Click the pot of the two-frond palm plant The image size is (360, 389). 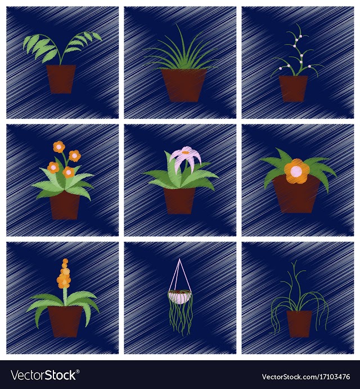tap(61, 79)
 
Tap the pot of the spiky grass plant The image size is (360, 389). tap(184, 86)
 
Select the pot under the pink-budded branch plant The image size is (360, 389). tap(293, 88)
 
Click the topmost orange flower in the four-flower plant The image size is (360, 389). tap(58, 147)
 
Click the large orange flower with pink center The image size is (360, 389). tap(296, 171)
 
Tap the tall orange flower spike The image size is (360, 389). tap(64, 273)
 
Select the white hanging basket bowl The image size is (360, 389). tap(180, 297)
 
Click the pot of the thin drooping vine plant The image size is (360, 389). tap(299, 324)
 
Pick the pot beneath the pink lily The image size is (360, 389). tap(179, 201)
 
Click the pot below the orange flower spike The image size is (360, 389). tap(65, 321)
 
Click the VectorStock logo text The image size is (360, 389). tap(44, 375)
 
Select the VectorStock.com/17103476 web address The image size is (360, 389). tap(306, 377)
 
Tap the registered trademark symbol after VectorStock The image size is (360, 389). tap(78, 372)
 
